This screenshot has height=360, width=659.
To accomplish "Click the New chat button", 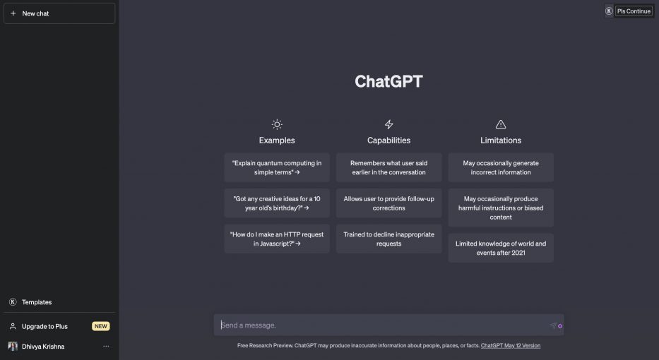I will pos(59,13).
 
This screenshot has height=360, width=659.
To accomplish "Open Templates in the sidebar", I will pos(36,302).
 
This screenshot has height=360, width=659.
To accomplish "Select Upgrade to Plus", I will pos(44,326).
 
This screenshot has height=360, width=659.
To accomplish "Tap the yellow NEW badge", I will pos(101,326).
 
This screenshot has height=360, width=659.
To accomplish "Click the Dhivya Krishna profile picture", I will pos(13,347).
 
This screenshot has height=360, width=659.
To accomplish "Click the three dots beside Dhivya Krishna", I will pos(106,347).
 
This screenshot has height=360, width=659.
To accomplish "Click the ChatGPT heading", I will pos(388,81).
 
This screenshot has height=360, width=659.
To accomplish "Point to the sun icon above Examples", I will pos(277,124).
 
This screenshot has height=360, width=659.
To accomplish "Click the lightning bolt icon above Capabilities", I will pos(388,124).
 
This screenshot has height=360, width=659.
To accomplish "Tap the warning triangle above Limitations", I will pos(501,124).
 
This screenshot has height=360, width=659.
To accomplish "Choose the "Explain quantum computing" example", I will pos(277,167).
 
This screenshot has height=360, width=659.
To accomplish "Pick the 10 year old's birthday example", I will pos(277,203).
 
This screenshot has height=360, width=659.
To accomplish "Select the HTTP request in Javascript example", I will pos(277,239).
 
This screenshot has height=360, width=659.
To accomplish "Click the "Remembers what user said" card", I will pos(388,167).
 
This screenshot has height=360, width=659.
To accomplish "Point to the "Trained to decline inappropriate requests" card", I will pos(388,239).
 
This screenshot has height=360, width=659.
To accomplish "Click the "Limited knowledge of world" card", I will pos(501,248).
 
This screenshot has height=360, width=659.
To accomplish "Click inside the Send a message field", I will pos(381,325).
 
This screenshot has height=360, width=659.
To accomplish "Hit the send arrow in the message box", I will pos(552,325).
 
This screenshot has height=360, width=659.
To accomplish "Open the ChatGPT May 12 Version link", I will pos(510,346).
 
